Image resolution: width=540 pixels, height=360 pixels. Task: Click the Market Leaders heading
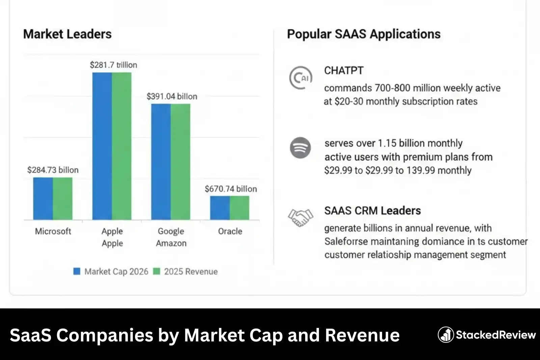pos(67,34)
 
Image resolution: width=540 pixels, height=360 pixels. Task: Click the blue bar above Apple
pos(102,146)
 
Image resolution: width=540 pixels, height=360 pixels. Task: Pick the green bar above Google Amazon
pos(180,162)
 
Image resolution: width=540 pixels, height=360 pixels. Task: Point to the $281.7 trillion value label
pos(113,65)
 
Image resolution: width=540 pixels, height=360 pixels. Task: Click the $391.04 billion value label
pos(172,97)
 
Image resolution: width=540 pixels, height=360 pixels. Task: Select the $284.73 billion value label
pos(53,170)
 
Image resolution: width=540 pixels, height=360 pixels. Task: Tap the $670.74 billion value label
pos(231,189)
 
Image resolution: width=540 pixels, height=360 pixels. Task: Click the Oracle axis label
pos(230,231)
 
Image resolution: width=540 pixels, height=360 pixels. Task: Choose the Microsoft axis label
pos(53,231)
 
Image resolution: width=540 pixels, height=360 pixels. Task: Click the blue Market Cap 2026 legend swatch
pos(77,271)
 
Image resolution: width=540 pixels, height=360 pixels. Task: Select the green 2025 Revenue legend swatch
pos(157,271)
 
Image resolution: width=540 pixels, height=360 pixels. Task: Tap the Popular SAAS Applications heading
pos(363,34)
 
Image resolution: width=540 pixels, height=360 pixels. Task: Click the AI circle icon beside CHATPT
pos(300,78)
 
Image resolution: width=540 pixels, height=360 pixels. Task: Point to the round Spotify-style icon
pos(300,148)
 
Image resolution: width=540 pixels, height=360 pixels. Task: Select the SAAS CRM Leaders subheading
pos(372,211)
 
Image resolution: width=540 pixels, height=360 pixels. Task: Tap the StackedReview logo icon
pos(446,335)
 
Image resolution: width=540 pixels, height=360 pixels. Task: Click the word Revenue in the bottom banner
pos(362,335)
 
